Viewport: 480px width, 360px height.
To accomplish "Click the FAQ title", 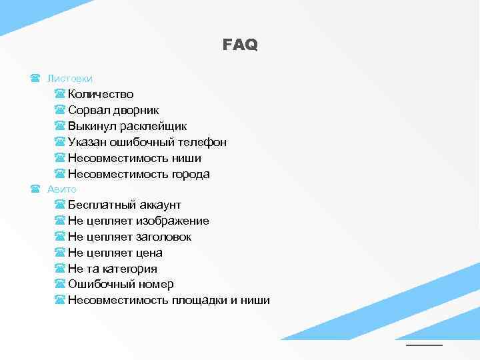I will [240, 45].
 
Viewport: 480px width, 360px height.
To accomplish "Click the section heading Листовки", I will [69, 79].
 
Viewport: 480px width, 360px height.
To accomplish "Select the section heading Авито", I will [62, 189].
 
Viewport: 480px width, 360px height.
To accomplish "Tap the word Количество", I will [101, 94].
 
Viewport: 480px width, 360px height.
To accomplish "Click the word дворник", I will [135, 110].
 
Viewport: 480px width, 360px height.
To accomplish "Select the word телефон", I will [203, 142].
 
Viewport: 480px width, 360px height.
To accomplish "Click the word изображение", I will [173, 221].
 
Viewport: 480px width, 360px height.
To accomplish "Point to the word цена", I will [149, 253].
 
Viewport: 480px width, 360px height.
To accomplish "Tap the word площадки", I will [199, 300].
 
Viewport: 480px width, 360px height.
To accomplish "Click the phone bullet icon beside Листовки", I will [35, 79].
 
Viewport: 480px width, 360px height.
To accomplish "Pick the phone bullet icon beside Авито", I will [35, 189].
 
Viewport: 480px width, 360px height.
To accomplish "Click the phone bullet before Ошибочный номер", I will [59, 285].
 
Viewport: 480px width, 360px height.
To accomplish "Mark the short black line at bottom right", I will [424, 345].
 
